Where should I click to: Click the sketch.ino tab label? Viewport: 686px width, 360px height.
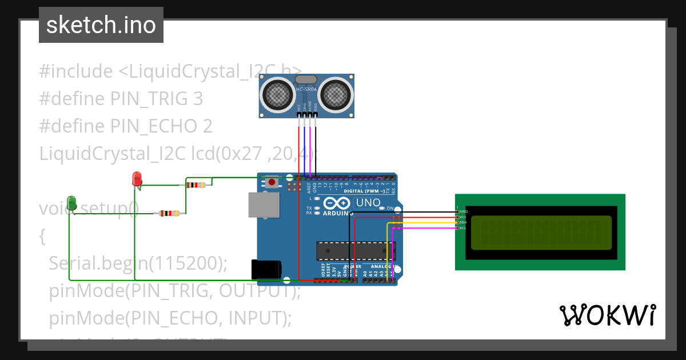tap(101, 25)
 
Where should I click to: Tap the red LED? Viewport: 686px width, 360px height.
tap(137, 179)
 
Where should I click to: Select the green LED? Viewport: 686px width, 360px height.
tap(71, 203)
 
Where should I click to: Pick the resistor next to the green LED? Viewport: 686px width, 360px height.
tap(169, 213)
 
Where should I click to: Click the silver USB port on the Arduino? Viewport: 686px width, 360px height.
tap(264, 205)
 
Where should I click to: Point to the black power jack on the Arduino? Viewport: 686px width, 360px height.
tap(266, 269)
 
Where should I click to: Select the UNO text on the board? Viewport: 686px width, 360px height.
tap(368, 203)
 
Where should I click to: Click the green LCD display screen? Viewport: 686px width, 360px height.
tap(541, 232)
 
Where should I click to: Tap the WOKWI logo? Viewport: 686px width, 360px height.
tap(607, 315)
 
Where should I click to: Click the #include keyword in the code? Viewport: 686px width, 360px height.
tap(76, 71)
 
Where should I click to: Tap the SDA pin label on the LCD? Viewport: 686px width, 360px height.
tap(462, 222)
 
